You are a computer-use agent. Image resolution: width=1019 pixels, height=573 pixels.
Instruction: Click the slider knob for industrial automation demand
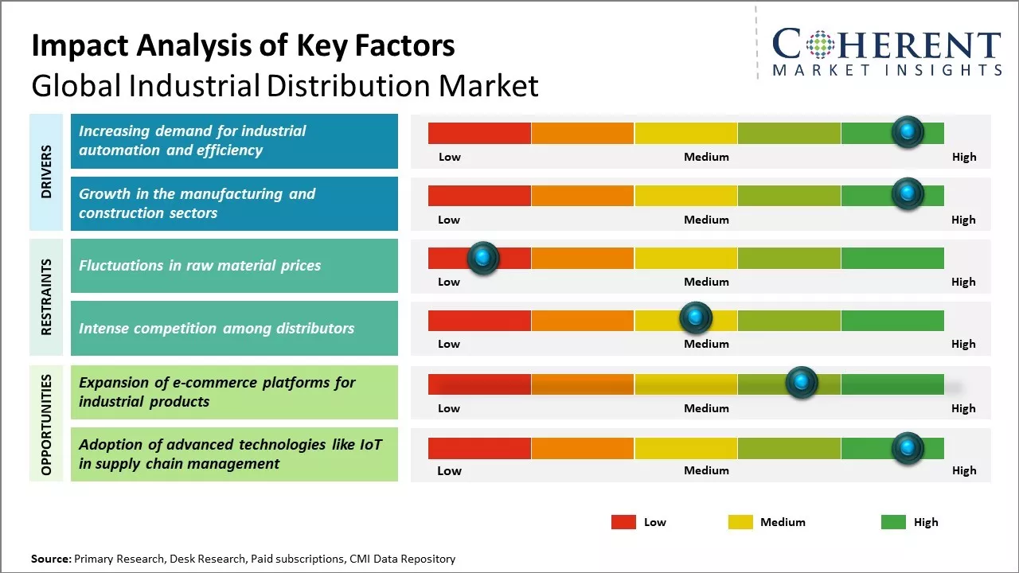pos(908,132)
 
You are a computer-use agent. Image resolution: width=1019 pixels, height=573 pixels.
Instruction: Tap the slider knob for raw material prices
pos(482,258)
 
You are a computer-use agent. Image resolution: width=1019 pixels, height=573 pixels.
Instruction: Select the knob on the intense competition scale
pos(696,318)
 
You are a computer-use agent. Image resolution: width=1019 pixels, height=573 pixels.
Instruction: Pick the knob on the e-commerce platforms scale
pos(802,383)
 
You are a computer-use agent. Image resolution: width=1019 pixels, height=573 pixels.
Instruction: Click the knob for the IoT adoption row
pos(908,448)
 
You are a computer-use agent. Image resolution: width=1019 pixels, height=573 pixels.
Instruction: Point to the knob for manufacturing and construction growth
pos(908,193)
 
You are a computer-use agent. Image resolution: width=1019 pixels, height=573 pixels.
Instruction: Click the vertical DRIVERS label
pos(46,172)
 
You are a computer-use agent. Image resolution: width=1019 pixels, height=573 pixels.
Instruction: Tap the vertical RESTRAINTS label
pos(46,297)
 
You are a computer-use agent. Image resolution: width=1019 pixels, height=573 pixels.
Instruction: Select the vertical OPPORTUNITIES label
pos(46,423)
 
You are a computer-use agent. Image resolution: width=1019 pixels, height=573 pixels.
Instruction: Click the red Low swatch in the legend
pos(623,522)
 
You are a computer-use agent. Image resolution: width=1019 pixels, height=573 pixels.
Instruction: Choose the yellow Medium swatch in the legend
pos(740,522)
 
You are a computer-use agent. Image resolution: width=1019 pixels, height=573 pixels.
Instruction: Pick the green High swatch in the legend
pos(893,522)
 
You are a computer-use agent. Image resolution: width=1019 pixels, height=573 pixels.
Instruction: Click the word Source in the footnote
pos(51,559)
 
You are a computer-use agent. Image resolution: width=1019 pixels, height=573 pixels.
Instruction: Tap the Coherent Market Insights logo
pos(886,53)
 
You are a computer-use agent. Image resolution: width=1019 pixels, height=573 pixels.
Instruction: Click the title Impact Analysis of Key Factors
pos(243,45)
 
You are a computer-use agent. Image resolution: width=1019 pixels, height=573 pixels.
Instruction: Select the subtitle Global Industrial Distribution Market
pos(285,85)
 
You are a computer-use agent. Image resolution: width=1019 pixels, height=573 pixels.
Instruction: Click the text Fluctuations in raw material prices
pos(200,266)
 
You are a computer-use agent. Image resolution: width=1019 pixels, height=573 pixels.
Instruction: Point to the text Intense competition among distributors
pos(217,328)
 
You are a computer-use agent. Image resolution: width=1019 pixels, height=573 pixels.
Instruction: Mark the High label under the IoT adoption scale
pos(964,470)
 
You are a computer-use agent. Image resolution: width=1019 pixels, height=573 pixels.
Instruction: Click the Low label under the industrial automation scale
pos(450,157)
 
